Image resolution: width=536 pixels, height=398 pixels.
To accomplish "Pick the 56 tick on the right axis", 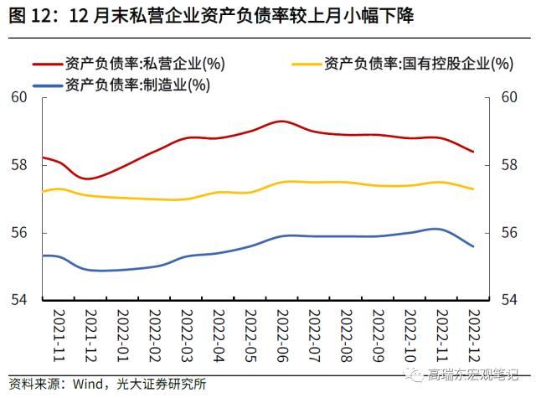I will (x=508, y=233).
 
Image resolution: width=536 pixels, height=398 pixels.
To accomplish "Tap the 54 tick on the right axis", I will (x=508, y=300).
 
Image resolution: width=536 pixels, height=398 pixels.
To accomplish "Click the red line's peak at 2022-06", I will (x=282, y=121).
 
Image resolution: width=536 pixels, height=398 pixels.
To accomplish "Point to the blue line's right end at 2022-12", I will (x=473, y=246).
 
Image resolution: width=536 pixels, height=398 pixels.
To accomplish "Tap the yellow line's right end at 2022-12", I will (x=473, y=189).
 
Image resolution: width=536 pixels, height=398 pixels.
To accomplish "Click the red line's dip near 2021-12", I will (x=88, y=178).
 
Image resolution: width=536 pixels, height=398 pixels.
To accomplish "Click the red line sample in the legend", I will (x=50, y=63).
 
